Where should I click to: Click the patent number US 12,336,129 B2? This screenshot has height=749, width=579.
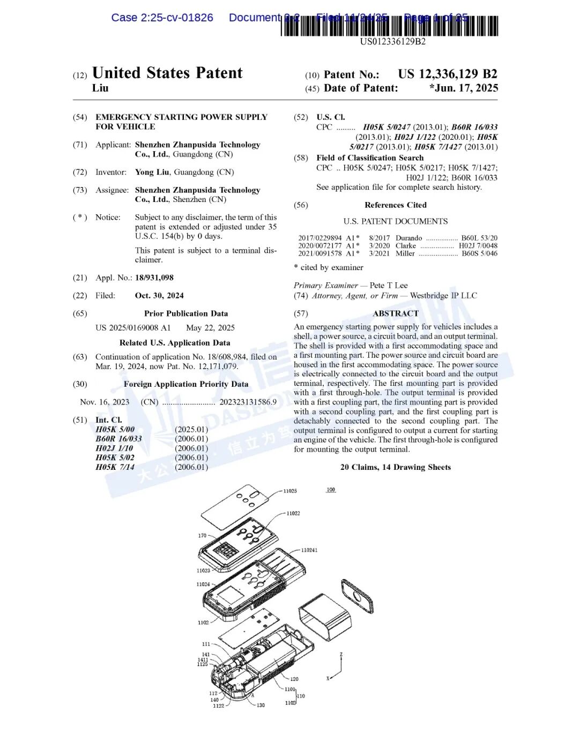click(447, 74)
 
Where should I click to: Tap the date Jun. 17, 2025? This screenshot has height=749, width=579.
click(464, 88)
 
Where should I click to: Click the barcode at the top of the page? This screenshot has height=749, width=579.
click(390, 26)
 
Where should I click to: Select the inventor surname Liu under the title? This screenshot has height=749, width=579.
click(100, 88)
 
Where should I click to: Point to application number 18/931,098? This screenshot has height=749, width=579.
click(154, 278)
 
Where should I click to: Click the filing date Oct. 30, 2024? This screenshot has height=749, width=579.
click(159, 296)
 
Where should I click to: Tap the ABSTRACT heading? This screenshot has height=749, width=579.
click(396, 313)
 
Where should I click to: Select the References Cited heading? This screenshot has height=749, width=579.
click(396, 205)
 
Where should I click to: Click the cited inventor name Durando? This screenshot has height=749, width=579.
click(409, 238)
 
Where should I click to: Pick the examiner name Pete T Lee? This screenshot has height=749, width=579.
click(389, 286)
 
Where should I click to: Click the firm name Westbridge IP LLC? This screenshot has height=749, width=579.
click(443, 296)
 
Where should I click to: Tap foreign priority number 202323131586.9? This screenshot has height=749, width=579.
click(248, 402)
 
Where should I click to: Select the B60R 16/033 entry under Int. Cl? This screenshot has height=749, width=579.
click(118, 439)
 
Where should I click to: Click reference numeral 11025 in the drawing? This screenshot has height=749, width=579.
click(290, 491)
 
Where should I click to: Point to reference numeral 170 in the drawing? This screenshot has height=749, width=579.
click(202, 535)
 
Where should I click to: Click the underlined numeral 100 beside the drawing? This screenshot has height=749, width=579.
click(331, 490)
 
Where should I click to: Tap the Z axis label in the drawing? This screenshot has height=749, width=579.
click(341, 655)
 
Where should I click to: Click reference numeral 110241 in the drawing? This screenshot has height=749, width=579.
click(309, 550)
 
